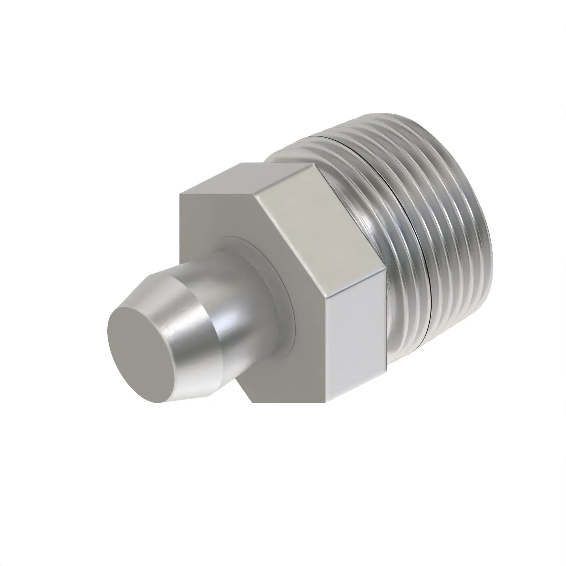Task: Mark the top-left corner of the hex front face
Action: (x=180, y=194)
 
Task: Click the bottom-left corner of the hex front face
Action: (x=252, y=402)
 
